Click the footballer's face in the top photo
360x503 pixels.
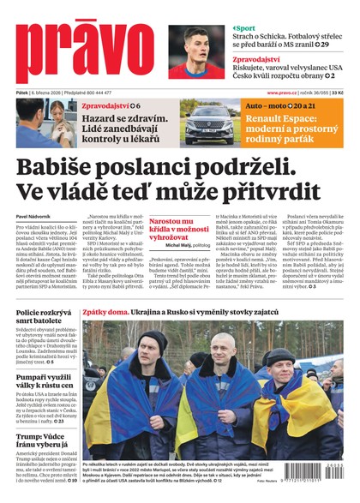point(199,43)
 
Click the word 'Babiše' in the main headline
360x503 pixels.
point(63,167)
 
